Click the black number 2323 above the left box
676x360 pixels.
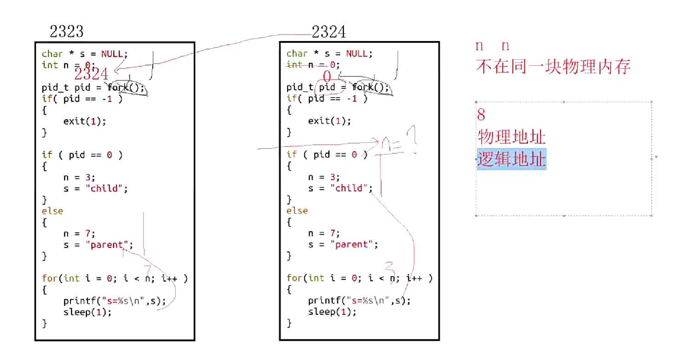point(67,31)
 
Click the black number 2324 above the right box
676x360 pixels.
point(329,32)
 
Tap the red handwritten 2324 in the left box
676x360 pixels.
point(92,74)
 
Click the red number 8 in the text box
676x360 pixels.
point(481,114)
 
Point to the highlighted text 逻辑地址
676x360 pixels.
point(511,159)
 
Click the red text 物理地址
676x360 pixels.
point(511,137)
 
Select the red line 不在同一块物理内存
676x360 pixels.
point(553,67)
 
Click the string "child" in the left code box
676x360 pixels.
point(106,189)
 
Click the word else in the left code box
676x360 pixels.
point(52,211)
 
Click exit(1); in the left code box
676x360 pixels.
point(85,121)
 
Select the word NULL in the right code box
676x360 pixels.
point(357,53)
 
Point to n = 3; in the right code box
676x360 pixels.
point(324,177)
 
